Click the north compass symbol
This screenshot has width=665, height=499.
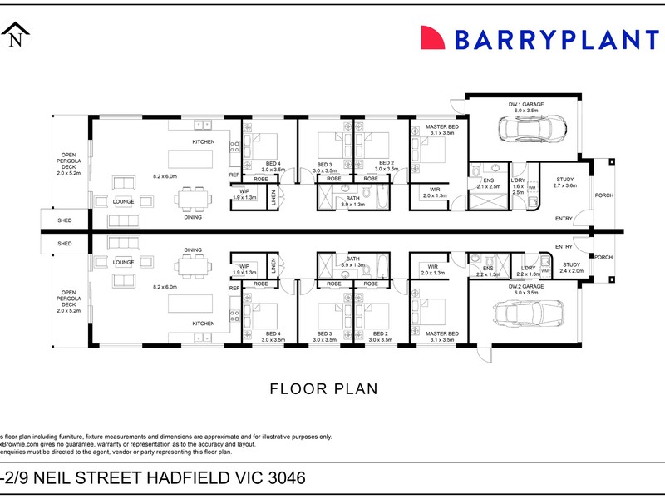click(16, 36)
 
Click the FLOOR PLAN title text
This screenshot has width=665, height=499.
click(324, 388)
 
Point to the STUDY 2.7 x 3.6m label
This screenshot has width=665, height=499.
click(564, 182)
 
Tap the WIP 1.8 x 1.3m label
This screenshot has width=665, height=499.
click(244, 194)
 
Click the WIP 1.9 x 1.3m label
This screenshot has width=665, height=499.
click(244, 269)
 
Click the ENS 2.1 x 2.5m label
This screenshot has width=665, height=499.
click(488, 183)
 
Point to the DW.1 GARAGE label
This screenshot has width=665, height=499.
click(525, 106)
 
